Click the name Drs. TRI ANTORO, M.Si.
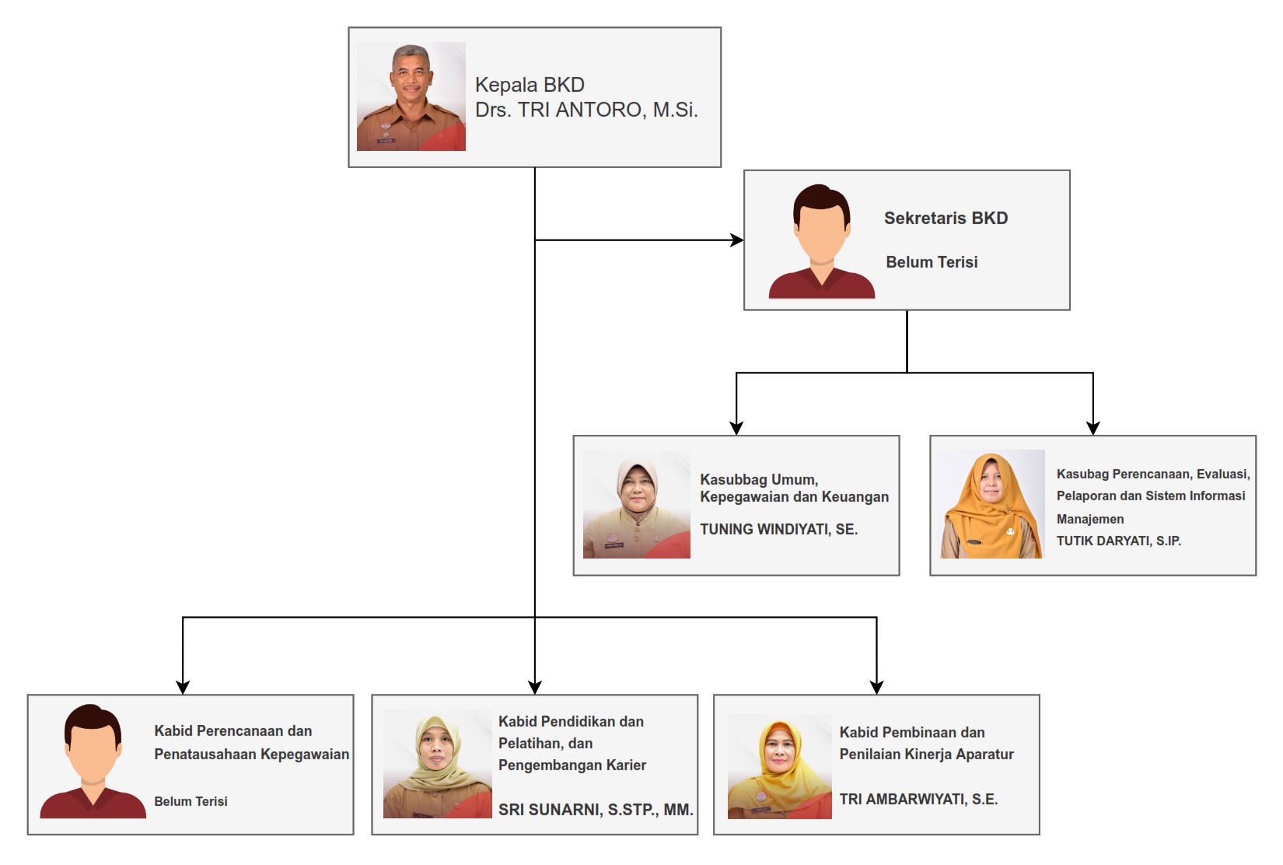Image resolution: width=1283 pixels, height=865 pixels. (586, 110)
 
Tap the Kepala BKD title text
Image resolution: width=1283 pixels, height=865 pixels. (530, 85)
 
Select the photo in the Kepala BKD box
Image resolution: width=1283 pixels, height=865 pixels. (411, 96)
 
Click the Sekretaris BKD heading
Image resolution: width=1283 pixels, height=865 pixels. (946, 218)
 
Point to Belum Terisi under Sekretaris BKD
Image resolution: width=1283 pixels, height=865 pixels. (932, 262)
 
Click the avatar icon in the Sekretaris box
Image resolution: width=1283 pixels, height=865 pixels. (821, 241)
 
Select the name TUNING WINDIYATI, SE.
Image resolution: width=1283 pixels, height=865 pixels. (778, 529)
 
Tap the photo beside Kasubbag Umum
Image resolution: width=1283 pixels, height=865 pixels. (636, 505)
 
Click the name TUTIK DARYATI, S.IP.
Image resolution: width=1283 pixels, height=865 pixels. (1119, 541)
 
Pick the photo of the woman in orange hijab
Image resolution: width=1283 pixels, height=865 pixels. (992, 504)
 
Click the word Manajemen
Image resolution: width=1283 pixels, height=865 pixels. (1090, 519)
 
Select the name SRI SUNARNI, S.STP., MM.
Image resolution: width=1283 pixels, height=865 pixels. (596, 810)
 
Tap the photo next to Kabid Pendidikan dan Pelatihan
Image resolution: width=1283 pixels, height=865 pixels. (438, 764)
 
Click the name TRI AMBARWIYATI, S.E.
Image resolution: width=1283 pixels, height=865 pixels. (919, 799)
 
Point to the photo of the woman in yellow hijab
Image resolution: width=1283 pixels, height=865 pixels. (780, 766)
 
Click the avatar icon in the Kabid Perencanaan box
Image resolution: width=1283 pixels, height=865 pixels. (93, 761)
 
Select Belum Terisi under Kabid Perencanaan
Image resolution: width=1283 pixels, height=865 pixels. (191, 801)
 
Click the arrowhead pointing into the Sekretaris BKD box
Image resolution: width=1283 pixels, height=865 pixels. (737, 240)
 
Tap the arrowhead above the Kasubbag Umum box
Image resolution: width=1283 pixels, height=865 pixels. (736, 428)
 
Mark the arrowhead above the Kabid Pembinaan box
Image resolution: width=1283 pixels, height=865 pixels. (876, 688)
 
